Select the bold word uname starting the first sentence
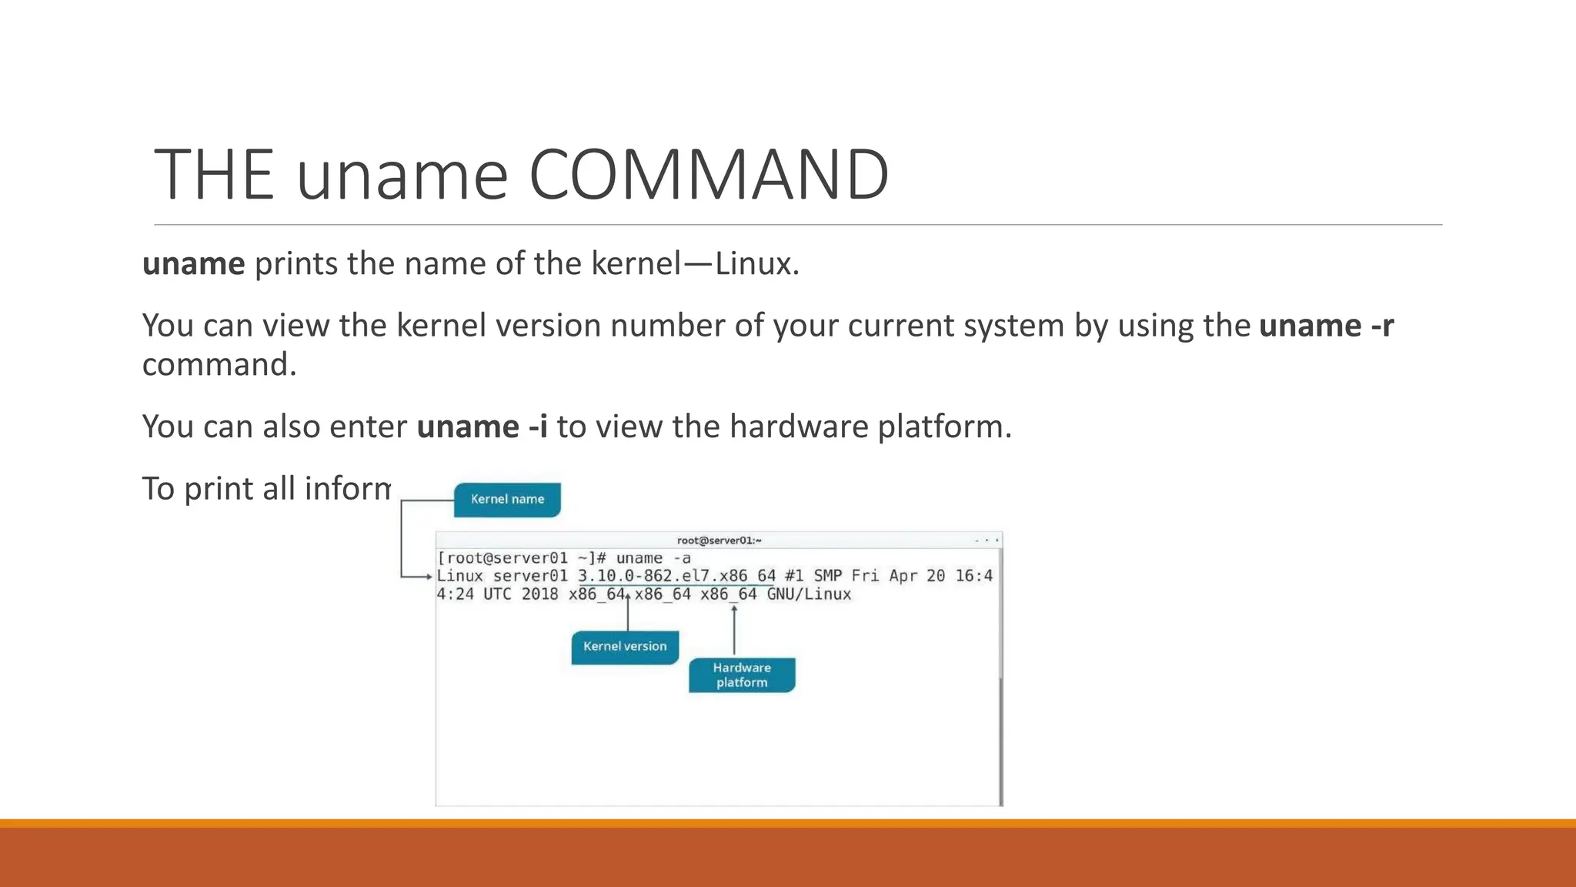click(194, 264)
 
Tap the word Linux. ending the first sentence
click(757, 264)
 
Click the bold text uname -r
click(1326, 326)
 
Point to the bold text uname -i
click(482, 427)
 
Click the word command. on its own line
click(219, 365)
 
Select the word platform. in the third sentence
click(944, 427)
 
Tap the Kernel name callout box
click(507, 500)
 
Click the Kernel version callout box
click(625, 647)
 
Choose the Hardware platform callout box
click(742, 675)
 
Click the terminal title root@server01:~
click(719, 541)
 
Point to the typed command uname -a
click(653, 558)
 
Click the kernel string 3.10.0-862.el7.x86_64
click(676, 576)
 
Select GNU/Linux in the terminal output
click(809, 594)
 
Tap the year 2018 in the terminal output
click(539, 594)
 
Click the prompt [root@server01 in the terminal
click(502, 558)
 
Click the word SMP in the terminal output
click(827, 576)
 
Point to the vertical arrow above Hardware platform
click(734, 630)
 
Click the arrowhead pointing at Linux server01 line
click(429, 577)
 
